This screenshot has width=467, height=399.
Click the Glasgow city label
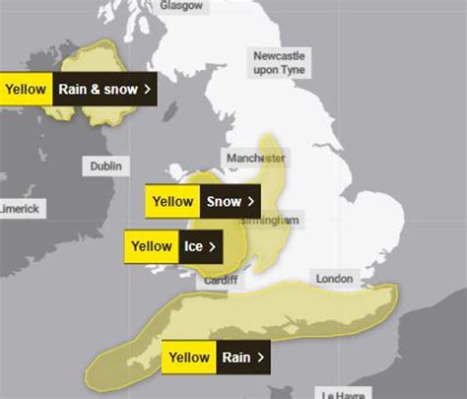click(181, 5)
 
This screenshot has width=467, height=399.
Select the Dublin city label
click(107, 166)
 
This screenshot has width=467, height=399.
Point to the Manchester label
click(254, 159)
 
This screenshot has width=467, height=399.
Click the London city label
click(334, 279)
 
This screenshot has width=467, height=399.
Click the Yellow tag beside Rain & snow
click(26, 89)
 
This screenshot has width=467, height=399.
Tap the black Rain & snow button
click(104, 89)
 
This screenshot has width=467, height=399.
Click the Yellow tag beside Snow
click(172, 201)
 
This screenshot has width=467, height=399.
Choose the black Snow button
click(230, 201)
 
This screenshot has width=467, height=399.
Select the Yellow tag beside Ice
click(152, 246)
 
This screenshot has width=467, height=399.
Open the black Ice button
click(200, 246)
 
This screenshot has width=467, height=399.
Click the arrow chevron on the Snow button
click(251, 201)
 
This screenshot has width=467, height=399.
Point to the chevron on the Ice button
click(213, 246)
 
